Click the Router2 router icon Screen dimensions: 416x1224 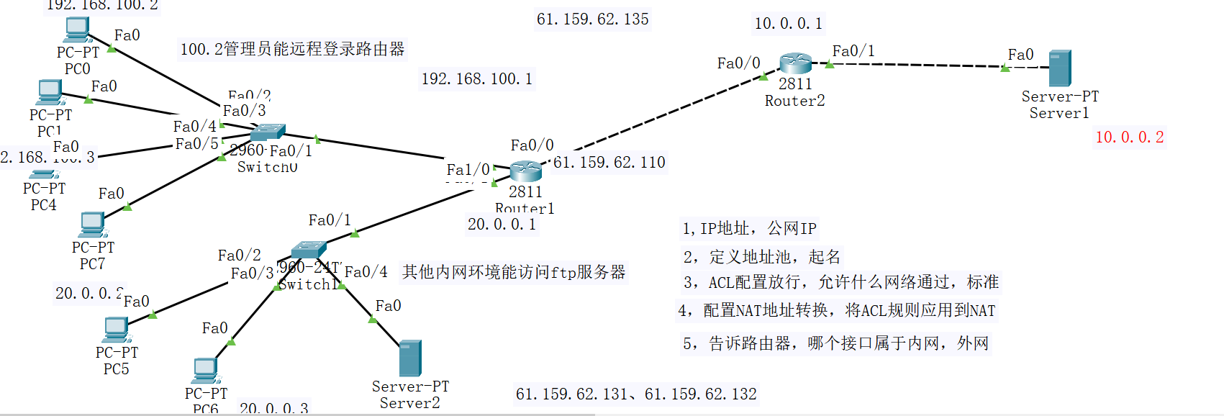click(x=795, y=63)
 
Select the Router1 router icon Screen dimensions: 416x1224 click(x=525, y=171)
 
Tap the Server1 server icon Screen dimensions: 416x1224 click(x=1060, y=68)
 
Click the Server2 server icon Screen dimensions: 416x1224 click(x=410, y=358)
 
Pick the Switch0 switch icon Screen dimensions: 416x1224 click(x=268, y=132)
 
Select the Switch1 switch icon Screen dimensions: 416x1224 click(x=309, y=250)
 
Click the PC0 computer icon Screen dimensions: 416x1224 click(x=77, y=30)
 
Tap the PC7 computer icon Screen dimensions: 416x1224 click(x=93, y=225)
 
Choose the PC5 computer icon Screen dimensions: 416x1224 click(x=116, y=330)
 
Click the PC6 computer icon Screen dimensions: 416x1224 click(x=206, y=371)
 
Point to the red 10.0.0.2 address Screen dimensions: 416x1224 click(x=1129, y=137)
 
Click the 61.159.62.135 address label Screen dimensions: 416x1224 click(x=592, y=19)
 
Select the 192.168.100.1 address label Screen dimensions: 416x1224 click(x=476, y=78)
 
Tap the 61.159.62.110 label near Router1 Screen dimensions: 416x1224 click(x=609, y=163)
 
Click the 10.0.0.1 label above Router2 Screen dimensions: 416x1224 click(x=788, y=24)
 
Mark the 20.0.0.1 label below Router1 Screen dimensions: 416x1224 click(x=502, y=225)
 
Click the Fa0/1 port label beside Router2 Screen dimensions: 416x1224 click(x=853, y=51)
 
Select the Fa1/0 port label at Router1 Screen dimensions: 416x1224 click(x=468, y=170)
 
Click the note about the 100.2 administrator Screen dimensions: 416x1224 click(x=292, y=49)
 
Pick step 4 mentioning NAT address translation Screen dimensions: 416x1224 click(x=837, y=310)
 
